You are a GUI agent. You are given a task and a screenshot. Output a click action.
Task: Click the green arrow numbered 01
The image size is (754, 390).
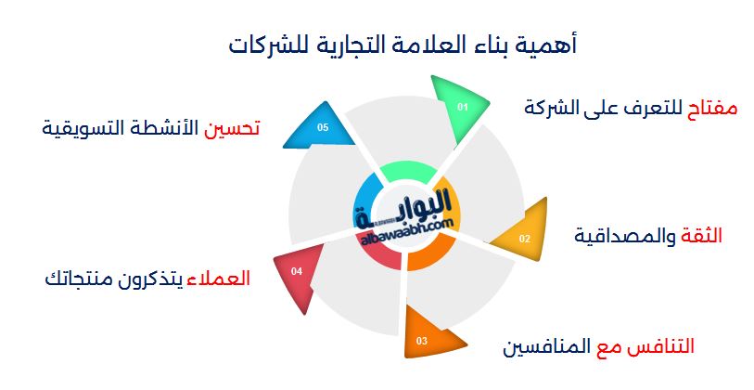459,107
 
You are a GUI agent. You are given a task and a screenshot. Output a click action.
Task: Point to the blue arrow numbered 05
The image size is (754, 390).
321,127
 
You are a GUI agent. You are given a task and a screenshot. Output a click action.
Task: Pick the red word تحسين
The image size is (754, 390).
232,128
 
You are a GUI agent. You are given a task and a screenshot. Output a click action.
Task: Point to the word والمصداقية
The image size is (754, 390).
625,237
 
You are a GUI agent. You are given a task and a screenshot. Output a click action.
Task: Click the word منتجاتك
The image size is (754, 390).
74,279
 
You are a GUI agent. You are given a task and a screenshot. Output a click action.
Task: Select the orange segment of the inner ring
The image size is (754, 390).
427,256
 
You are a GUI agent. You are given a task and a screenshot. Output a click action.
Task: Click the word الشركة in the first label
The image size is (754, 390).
544,107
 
